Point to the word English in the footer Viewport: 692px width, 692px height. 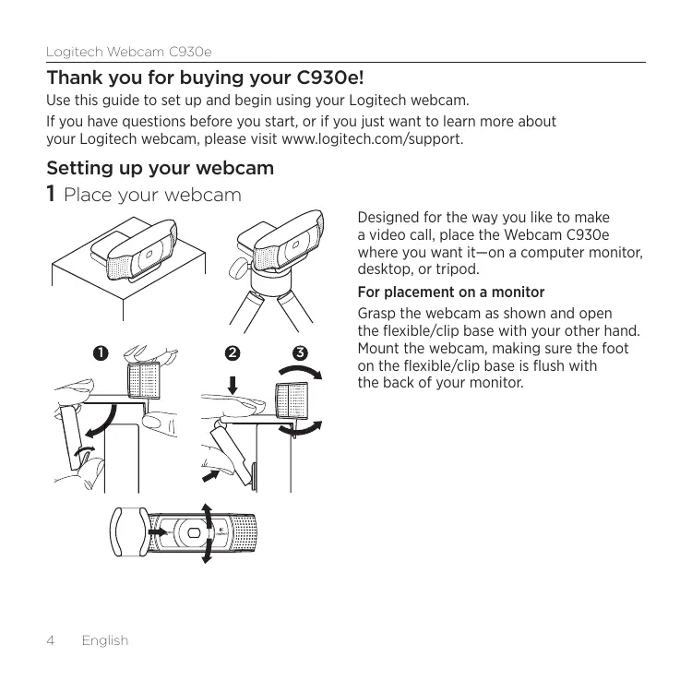(104, 640)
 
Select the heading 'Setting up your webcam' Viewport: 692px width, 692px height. (161, 169)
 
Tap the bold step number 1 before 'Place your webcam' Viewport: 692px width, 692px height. (53, 196)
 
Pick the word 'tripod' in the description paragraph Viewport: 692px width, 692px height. (458, 270)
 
